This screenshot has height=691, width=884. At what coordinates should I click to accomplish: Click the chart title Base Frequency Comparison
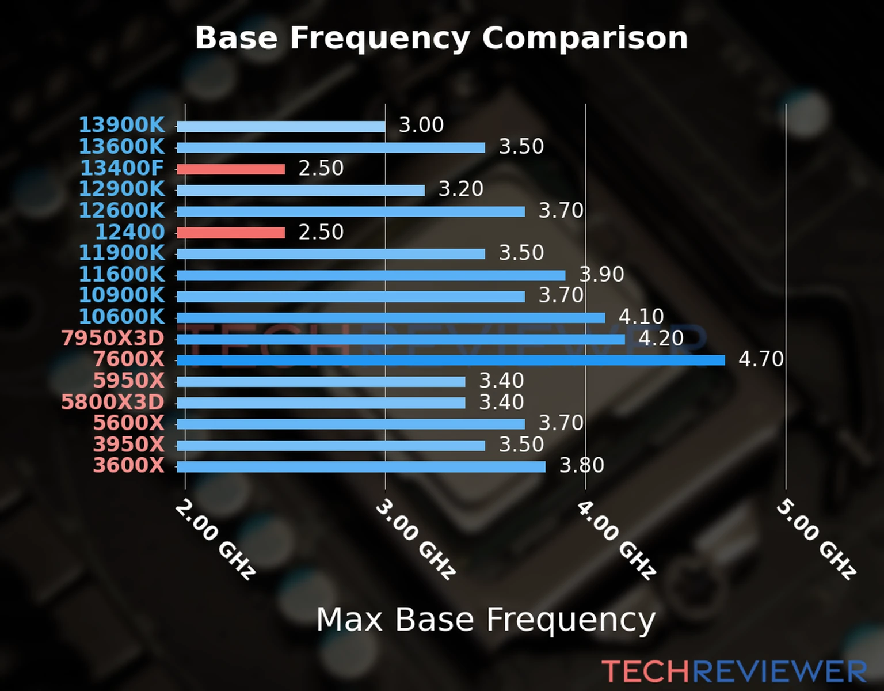(441, 38)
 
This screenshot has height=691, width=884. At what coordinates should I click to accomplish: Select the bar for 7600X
(451, 360)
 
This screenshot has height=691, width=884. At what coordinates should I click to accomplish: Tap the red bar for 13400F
(231, 169)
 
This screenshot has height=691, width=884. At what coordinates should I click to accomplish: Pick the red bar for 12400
(231, 233)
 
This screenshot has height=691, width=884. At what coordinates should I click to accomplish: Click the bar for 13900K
(281, 127)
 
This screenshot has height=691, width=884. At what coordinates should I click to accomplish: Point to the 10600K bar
(391, 318)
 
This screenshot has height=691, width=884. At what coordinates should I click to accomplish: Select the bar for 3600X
(361, 466)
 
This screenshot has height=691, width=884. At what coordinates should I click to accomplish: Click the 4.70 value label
(761, 359)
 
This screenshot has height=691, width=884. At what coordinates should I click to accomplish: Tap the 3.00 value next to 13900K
(421, 125)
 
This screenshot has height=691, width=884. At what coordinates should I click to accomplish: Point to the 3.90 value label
(601, 274)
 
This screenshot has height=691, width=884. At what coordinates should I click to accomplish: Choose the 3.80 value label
(582, 465)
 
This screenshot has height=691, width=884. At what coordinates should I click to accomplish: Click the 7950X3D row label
(113, 338)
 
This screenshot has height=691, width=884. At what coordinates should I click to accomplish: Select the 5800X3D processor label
(113, 402)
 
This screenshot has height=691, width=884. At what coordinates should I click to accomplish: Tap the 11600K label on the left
(121, 274)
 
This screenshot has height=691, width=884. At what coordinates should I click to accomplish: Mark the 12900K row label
(121, 189)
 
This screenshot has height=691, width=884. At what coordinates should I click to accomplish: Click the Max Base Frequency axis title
(486, 620)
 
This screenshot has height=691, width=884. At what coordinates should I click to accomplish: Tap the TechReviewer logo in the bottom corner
(734, 671)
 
